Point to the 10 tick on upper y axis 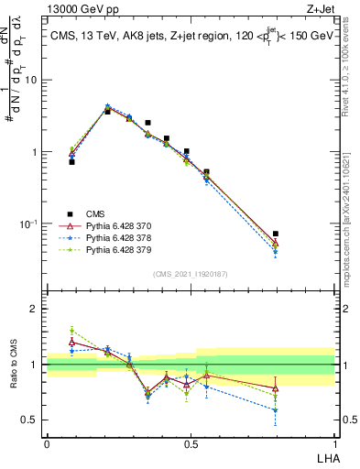pos(33,81)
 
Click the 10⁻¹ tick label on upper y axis pos(29,224)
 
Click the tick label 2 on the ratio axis pos(37,309)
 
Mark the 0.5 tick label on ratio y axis pos(33,420)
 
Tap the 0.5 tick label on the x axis pos(191,442)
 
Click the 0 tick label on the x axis pos(47,442)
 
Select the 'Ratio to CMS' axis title pos(14,365)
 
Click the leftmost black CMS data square pos(71,161)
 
